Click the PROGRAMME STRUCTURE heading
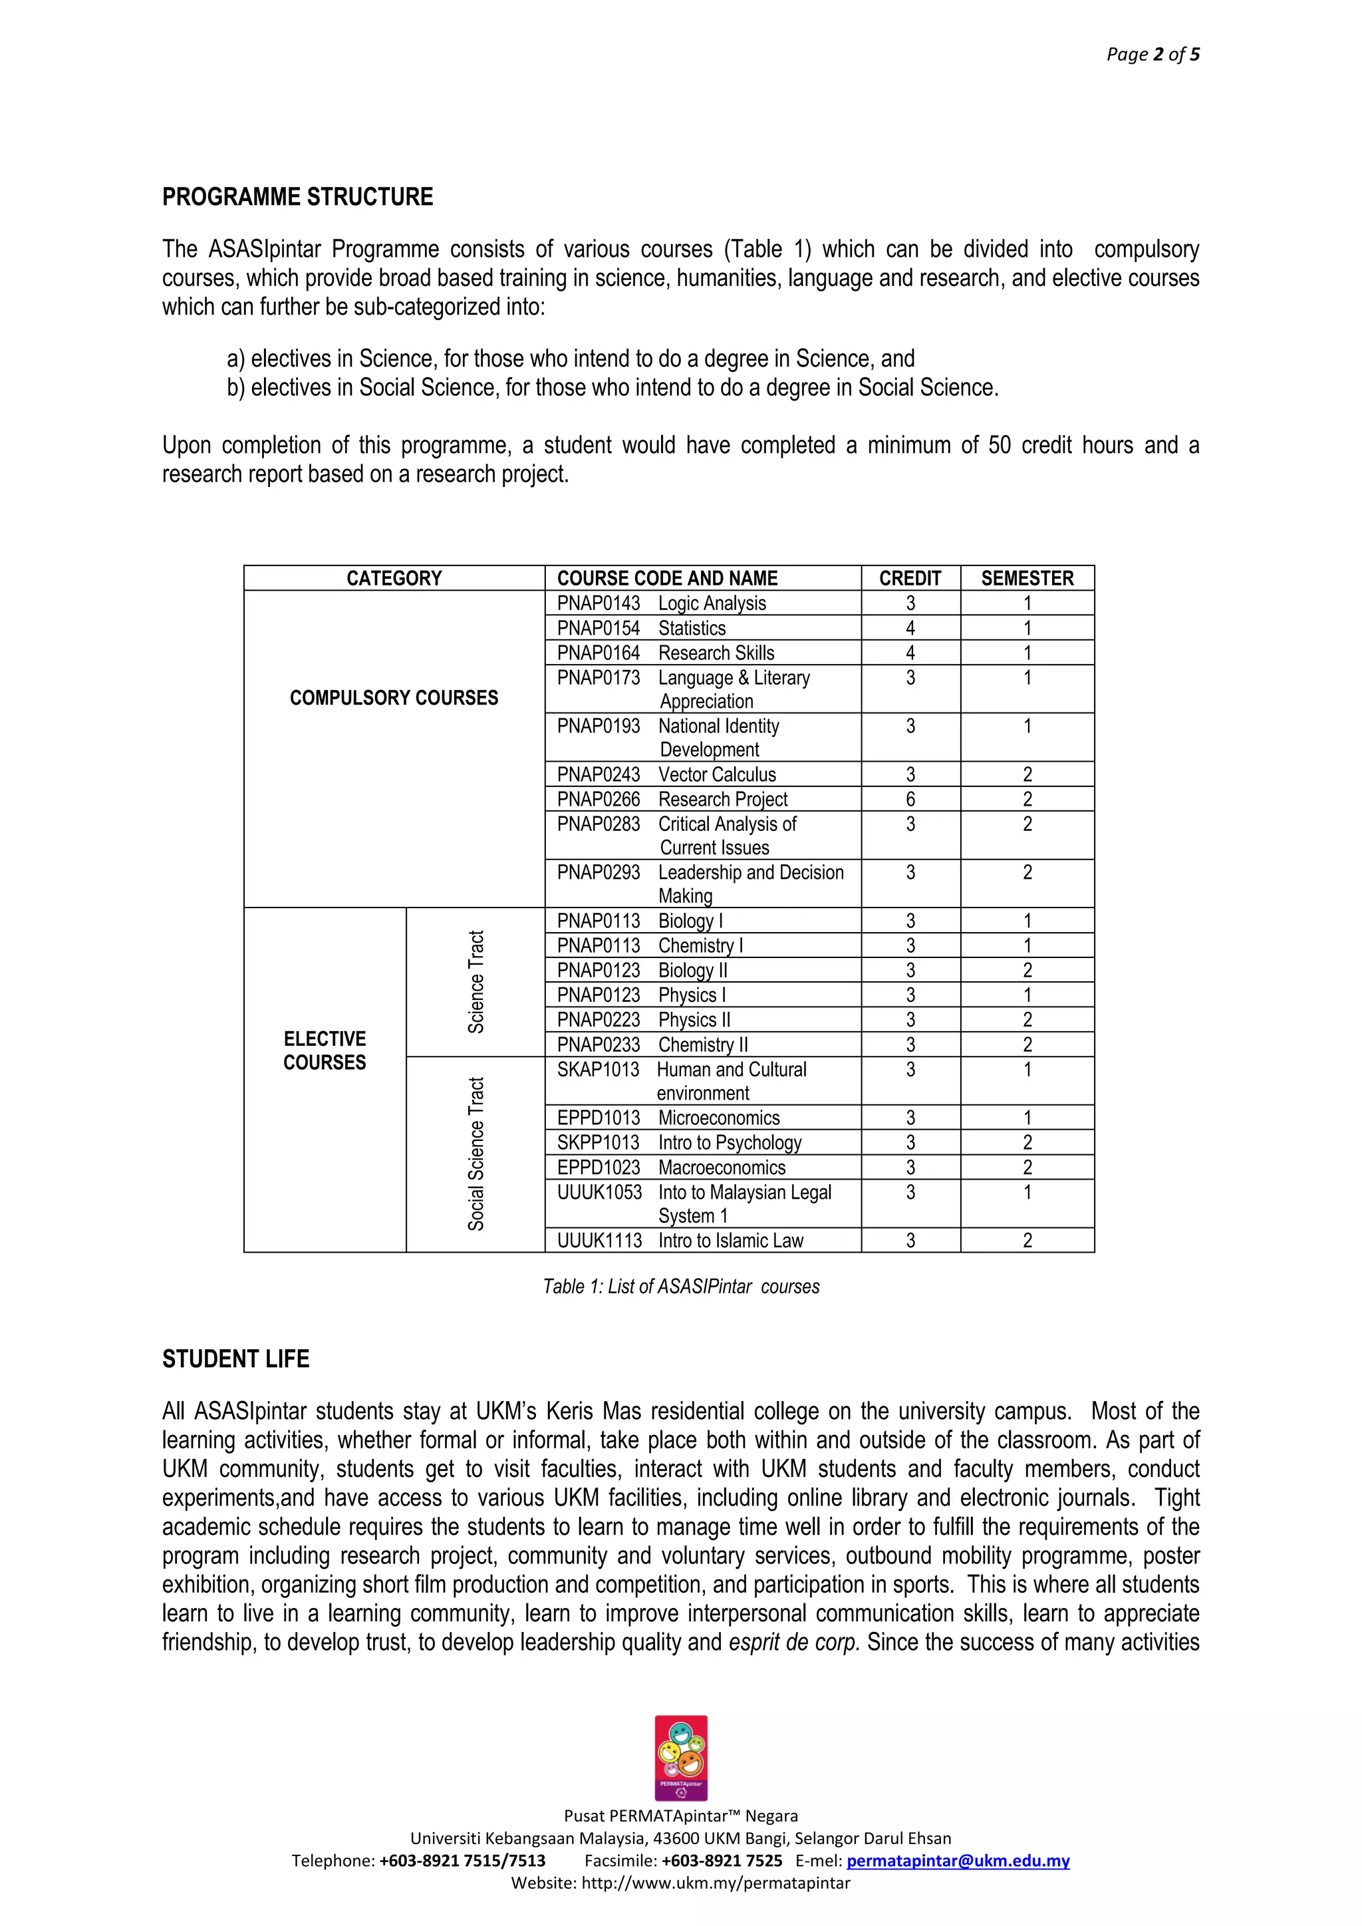click(x=298, y=197)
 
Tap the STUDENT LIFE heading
click(x=235, y=1359)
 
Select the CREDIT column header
click(x=910, y=578)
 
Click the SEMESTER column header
click(x=1027, y=578)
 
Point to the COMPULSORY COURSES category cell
click(x=393, y=698)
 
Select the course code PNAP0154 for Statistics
click(x=598, y=628)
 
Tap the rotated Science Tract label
click(x=476, y=981)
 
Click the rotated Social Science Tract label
click(x=476, y=1154)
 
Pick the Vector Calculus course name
click(x=717, y=774)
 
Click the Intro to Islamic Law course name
click(x=730, y=1241)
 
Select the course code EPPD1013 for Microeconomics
click(x=598, y=1118)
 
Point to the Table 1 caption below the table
click(x=681, y=1287)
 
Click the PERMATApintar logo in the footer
click(x=681, y=1758)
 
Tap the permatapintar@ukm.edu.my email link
click(x=958, y=1861)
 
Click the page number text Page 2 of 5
click(x=1153, y=55)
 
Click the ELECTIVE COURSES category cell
click(x=325, y=1051)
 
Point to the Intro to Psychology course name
click(x=730, y=1142)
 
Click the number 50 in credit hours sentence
click(x=999, y=446)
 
